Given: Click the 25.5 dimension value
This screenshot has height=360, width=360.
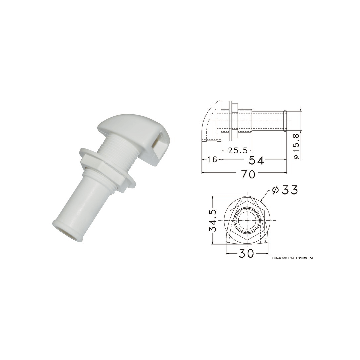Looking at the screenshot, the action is pos(238,151).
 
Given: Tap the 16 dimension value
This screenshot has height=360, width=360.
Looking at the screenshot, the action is pos(212,159).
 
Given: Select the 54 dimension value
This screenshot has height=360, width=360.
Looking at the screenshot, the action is pos(256,160).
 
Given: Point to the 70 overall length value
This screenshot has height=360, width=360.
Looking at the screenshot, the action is pos(248,174).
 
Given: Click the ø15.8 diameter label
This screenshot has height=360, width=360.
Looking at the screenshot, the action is pos(296,146).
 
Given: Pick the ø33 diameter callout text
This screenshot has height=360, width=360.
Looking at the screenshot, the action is pos(285,190).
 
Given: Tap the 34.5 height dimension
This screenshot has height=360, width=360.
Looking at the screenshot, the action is pos(213,220).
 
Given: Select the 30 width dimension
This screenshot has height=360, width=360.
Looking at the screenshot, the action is pos(246,253).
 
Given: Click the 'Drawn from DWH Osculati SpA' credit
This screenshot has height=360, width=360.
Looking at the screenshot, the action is pos(293,258).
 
